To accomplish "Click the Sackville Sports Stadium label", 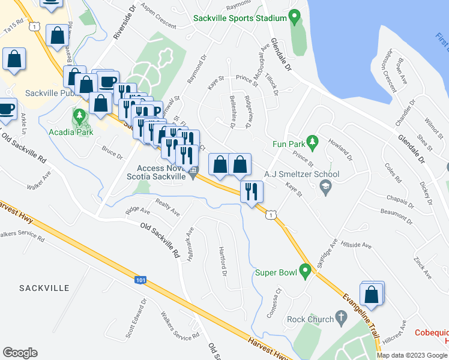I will [240, 18].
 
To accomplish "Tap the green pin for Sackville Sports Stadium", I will [294, 17].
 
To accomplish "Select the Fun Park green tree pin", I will [312, 142].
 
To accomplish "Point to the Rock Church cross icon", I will [342, 317].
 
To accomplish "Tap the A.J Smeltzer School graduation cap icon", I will [325, 187].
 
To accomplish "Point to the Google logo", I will [20, 353].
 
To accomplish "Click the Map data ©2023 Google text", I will [412, 355].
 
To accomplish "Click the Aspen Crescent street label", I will [158, 16].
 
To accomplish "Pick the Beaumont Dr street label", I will [396, 215].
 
